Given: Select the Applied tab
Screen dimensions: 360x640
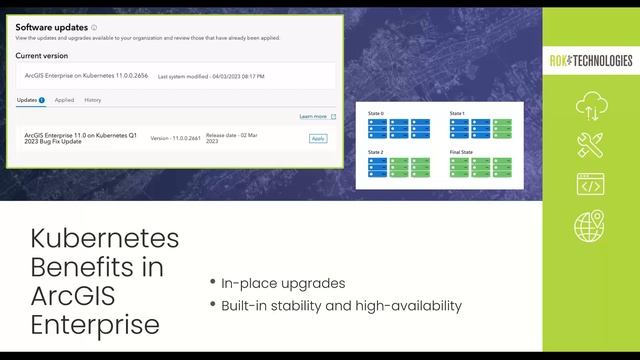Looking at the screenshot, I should [64, 100].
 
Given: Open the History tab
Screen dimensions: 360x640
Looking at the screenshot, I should [92, 100].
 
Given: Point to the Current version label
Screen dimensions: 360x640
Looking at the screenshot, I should [42, 56].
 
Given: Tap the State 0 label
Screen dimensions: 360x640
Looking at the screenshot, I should [376, 113].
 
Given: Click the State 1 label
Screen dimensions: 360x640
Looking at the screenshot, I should [457, 113].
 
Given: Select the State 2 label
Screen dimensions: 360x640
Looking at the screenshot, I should [376, 152].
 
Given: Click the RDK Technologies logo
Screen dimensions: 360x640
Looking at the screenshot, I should [590, 61].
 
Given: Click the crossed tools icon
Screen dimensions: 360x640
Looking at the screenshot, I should [590, 146].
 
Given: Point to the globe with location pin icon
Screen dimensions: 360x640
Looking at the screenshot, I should [590, 226].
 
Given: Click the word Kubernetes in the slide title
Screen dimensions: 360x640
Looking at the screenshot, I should [104, 240].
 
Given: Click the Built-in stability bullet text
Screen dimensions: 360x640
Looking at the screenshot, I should [340, 305].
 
